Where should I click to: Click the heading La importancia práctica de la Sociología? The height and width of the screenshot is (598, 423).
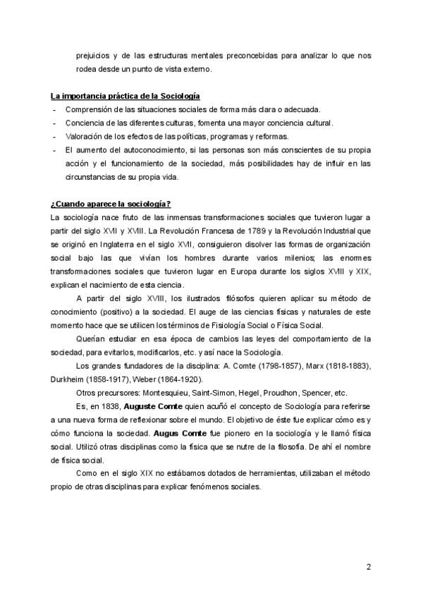(x=121, y=96)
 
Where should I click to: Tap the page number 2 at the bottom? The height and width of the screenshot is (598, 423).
(x=369, y=568)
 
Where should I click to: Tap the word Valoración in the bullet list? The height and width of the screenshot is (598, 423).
(x=83, y=136)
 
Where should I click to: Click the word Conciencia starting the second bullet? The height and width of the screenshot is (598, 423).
(x=85, y=123)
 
